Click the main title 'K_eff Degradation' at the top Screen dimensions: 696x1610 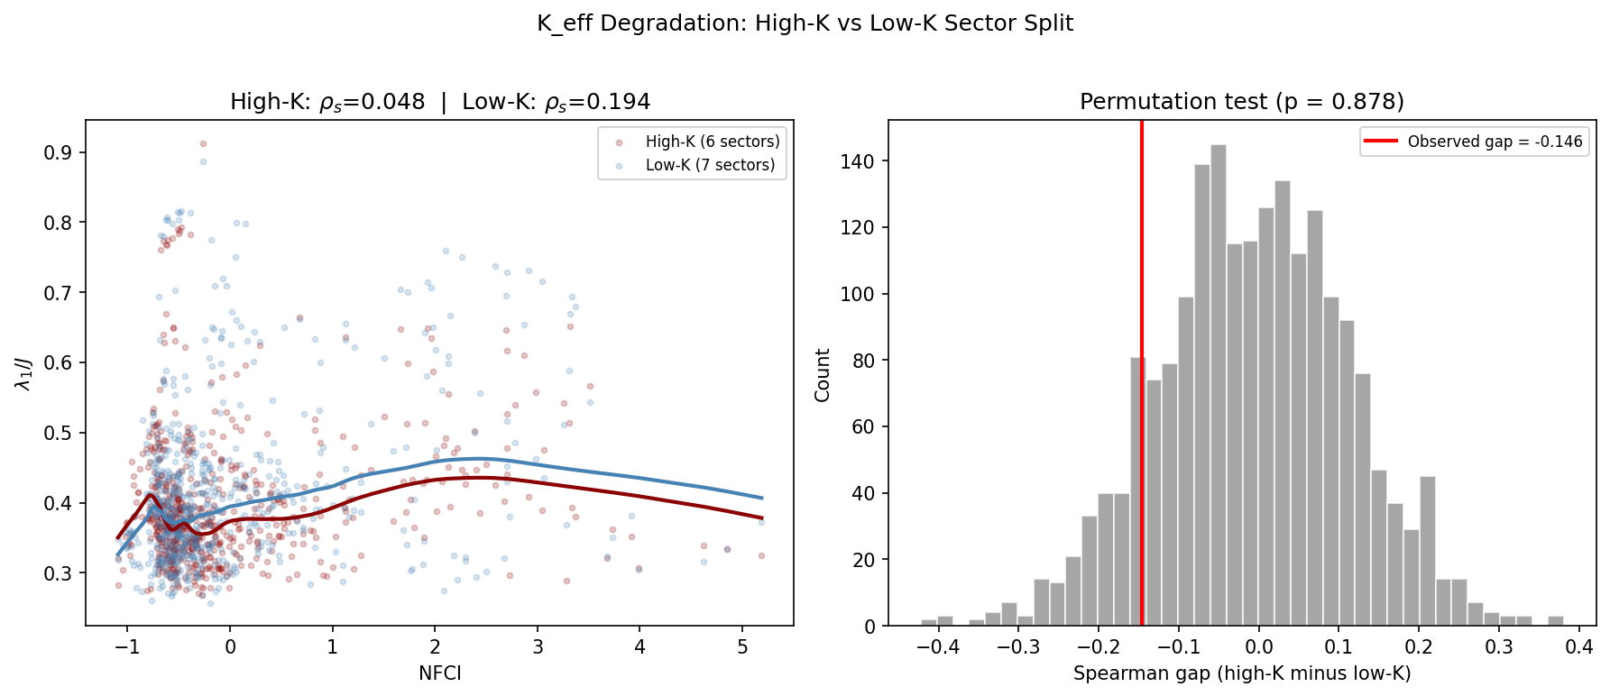coord(805,23)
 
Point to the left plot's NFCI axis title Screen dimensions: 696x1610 coord(439,673)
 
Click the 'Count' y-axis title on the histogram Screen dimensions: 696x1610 coord(823,374)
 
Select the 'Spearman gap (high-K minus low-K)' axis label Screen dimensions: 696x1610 coord(1242,673)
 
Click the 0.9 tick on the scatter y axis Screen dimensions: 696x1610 coord(59,152)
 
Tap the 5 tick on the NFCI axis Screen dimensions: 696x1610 coord(742,646)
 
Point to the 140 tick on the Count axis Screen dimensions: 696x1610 coord(863,161)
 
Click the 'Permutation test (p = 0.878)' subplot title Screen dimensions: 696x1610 coord(1242,102)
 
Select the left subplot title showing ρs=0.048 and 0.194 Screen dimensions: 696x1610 coord(439,102)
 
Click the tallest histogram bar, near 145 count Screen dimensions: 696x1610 coord(1219,388)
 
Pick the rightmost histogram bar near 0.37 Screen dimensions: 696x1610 coord(1556,621)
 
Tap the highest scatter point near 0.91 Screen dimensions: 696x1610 coord(203,143)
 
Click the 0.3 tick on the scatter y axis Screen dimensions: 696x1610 coord(59,573)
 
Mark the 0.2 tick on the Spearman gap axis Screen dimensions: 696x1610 coord(1419,646)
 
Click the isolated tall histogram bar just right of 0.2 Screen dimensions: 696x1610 coord(1427,552)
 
